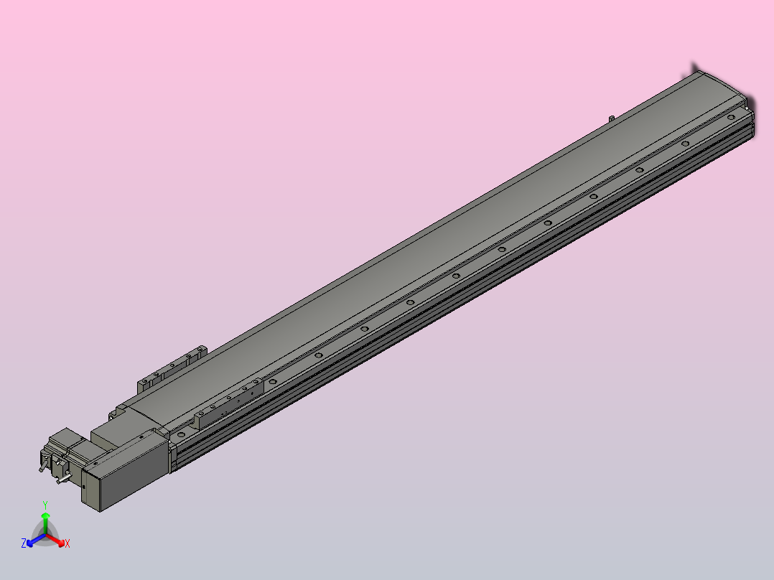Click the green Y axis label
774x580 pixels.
pos(45,505)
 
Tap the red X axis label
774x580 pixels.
pos(67,544)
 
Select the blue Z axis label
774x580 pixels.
pos(24,544)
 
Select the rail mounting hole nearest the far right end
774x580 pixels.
pos(730,117)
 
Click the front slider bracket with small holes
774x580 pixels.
pos(228,402)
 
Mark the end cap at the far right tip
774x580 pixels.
pos(751,104)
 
